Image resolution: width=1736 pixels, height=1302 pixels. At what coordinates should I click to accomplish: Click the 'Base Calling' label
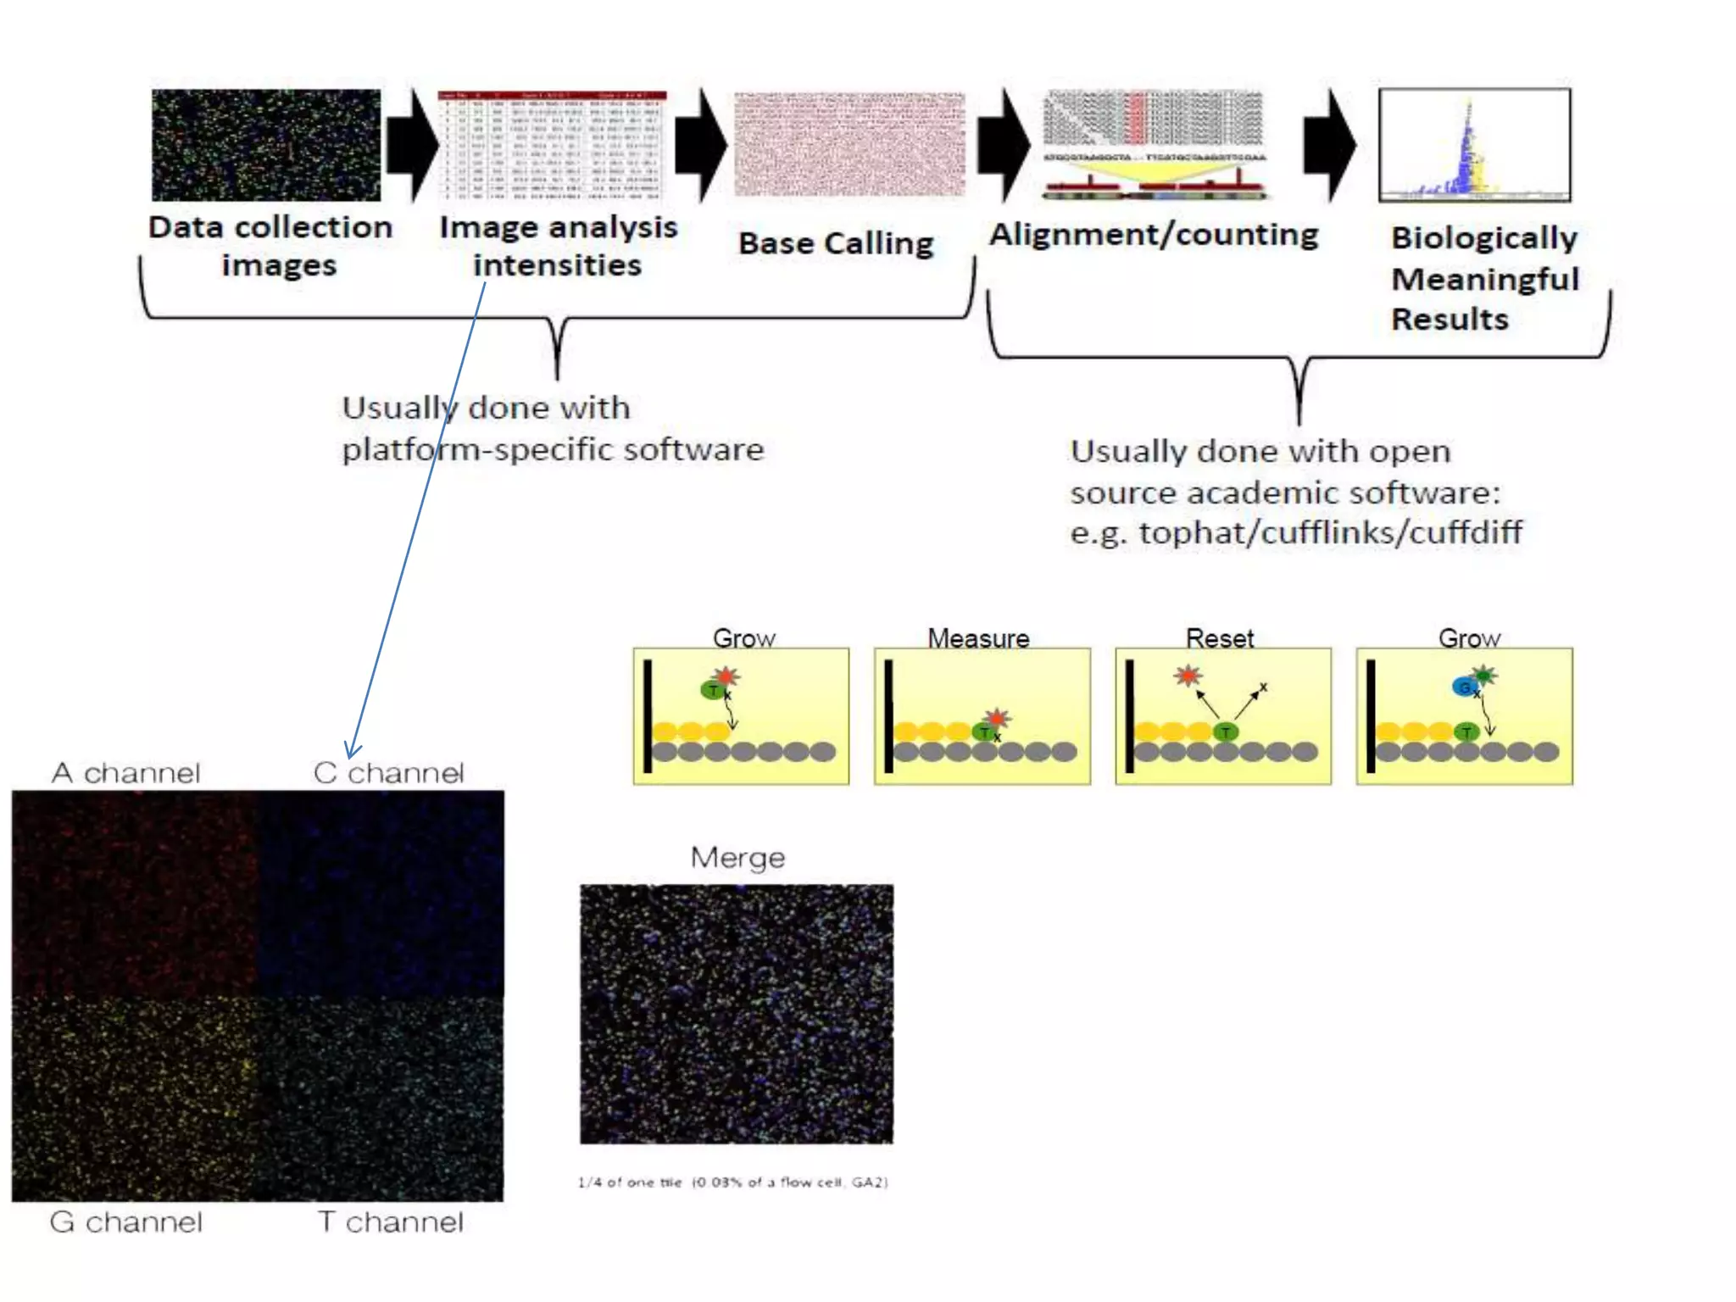[x=836, y=243]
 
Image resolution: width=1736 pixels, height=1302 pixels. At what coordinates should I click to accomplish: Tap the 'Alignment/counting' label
[x=1154, y=235]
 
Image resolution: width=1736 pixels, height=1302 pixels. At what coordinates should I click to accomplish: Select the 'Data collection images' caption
[x=271, y=246]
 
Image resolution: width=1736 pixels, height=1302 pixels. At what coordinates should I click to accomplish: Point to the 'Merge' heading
[x=737, y=858]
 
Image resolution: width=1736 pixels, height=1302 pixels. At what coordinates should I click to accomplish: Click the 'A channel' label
[x=126, y=773]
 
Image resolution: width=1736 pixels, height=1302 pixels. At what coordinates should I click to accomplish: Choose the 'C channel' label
[x=389, y=773]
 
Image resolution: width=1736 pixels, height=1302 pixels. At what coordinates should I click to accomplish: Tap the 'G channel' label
[x=126, y=1222]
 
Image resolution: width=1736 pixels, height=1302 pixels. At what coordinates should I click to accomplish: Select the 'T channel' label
[x=391, y=1222]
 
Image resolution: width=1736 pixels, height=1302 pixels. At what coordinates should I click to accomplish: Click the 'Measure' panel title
[x=978, y=637]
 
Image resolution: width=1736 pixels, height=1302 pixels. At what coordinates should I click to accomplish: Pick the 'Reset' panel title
[x=1220, y=637]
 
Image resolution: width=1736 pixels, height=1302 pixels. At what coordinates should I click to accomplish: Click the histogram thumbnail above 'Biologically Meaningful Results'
[x=1475, y=145]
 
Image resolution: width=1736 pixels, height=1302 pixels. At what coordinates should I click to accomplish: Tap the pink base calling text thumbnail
[x=849, y=144]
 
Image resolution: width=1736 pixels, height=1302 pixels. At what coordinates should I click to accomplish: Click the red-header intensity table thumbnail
[x=553, y=145]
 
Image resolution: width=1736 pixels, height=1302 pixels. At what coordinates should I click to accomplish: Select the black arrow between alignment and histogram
[x=1330, y=145]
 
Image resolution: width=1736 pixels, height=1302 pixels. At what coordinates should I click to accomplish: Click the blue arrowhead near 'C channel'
[x=352, y=749]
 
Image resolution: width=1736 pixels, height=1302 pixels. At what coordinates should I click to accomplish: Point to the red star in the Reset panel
[x=1188, y=676]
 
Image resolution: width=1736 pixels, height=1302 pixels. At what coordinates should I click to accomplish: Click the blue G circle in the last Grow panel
[x=1464, y=687]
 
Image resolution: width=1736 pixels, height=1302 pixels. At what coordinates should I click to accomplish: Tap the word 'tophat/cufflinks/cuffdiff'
[x=1330, y=533]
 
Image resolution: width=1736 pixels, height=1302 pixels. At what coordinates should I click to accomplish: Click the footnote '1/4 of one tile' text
[x=733, y=1182]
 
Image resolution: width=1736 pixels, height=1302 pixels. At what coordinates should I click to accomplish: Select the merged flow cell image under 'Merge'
[x=737, y=1014]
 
